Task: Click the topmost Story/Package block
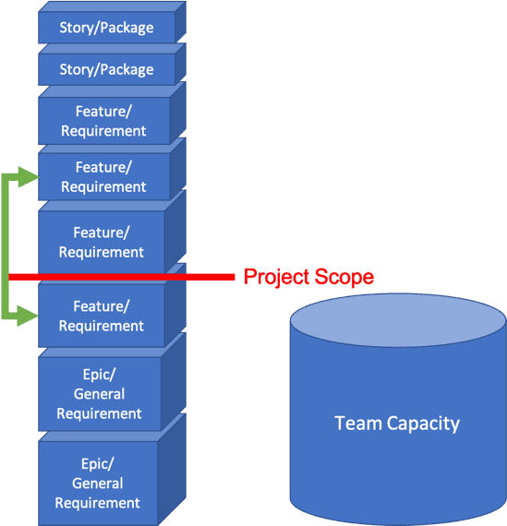(x=112, y=22)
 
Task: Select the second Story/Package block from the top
(x=112, y=65)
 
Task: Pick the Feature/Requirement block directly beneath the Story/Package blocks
(x=112, y=114)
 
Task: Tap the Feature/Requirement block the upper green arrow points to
(x=112, y=170)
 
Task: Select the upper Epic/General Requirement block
(x=112, y=383)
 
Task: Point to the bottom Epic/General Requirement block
(x=112, y=471)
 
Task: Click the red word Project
(x=277, y=277)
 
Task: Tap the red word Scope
(x=344, y=277)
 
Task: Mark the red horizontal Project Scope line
(x=122, y=277)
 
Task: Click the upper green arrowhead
(x=29, y=177)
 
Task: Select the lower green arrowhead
(x=28, y=316)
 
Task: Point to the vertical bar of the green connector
(x=5, y=246)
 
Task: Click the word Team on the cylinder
(x=358, y=424)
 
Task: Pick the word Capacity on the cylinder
(x=423, y=424)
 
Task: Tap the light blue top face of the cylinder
(x=398, y=320)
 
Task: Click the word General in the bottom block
(x=98, y=484)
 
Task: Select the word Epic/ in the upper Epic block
(x=99, y=375)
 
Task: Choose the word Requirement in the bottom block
(x=97, y=503)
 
